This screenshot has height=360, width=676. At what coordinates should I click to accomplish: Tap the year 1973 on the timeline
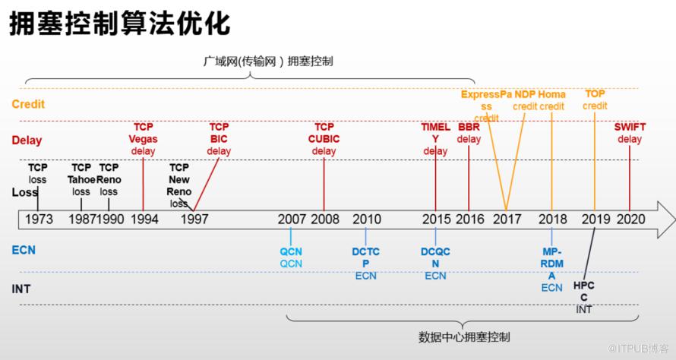(x=39, y=219)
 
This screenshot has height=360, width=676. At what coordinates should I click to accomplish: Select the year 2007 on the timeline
(x=292, y=219)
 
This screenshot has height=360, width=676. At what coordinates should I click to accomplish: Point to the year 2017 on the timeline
(x=507, y=219)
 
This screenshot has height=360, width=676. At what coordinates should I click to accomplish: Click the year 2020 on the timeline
(x=630, y=219)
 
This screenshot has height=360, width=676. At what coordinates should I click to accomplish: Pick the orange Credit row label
(x=28, y=104)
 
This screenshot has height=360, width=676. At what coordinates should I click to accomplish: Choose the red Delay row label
(x=27, y=141)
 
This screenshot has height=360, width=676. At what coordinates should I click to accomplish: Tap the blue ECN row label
(x=24, y=249)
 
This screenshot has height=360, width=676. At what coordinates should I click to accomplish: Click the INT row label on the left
(x=22, y=289)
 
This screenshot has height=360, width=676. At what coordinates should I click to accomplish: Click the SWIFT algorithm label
(x=630, y=127)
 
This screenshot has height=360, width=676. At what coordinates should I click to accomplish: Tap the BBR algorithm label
(x=469, y=127)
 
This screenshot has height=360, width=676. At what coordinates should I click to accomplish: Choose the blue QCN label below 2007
(x=291, y=251)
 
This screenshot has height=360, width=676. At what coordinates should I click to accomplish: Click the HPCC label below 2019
(x=583, y=291)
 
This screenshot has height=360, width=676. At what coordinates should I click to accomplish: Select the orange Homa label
(x=552, y=95)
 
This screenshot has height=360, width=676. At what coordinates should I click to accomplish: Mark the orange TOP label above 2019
(x=595, y=93)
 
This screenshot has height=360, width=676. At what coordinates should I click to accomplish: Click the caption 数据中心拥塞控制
(x=464, y=336)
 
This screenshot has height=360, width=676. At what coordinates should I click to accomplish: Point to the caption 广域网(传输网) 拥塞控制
(x=268, y=61)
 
